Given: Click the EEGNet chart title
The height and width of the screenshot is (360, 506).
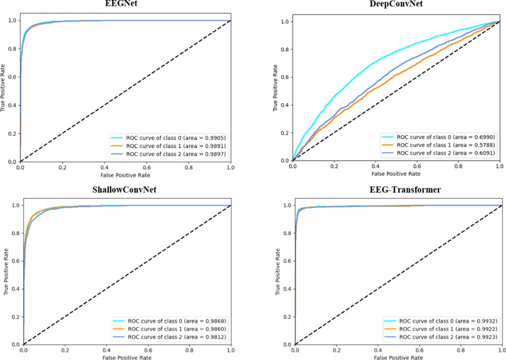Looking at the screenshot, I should pos(126,5).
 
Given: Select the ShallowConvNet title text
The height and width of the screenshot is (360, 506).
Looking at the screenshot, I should pos(126,189).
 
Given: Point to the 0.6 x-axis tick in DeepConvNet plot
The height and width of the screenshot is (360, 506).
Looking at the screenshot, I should pos(417,166).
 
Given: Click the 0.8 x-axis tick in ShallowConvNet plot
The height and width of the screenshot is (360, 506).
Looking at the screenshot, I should pos(189,350).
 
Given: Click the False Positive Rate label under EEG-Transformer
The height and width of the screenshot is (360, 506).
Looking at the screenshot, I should pos(399,357).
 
